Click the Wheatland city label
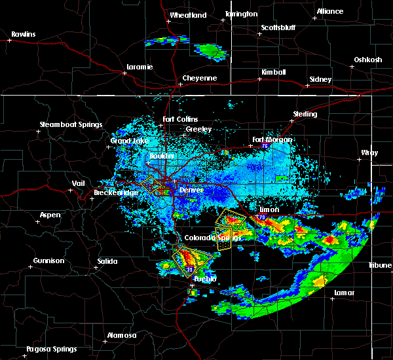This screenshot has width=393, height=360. tap(188, 15)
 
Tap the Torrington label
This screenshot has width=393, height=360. tap(241, 14)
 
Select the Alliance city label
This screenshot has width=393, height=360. tap(329, 11)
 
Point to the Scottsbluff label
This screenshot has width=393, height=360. tap(279, 27)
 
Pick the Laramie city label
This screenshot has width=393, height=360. tap(140, 67)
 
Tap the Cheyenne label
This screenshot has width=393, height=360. tap(199, 78)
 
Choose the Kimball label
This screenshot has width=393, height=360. tap(274, 72)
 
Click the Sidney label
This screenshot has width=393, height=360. tap(320, 79)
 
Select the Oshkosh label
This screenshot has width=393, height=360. tap(367, 60)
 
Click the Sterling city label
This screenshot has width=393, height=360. tap(305, 114)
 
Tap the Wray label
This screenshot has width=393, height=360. tap(369, 153)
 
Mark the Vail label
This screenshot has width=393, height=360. tap(79, 183)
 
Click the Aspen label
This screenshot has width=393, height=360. tap(50, 215)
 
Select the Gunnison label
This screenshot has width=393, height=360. tap(49, 261)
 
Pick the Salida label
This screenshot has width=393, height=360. tap(107, 261)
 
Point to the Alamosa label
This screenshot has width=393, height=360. tap(122, 335)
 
